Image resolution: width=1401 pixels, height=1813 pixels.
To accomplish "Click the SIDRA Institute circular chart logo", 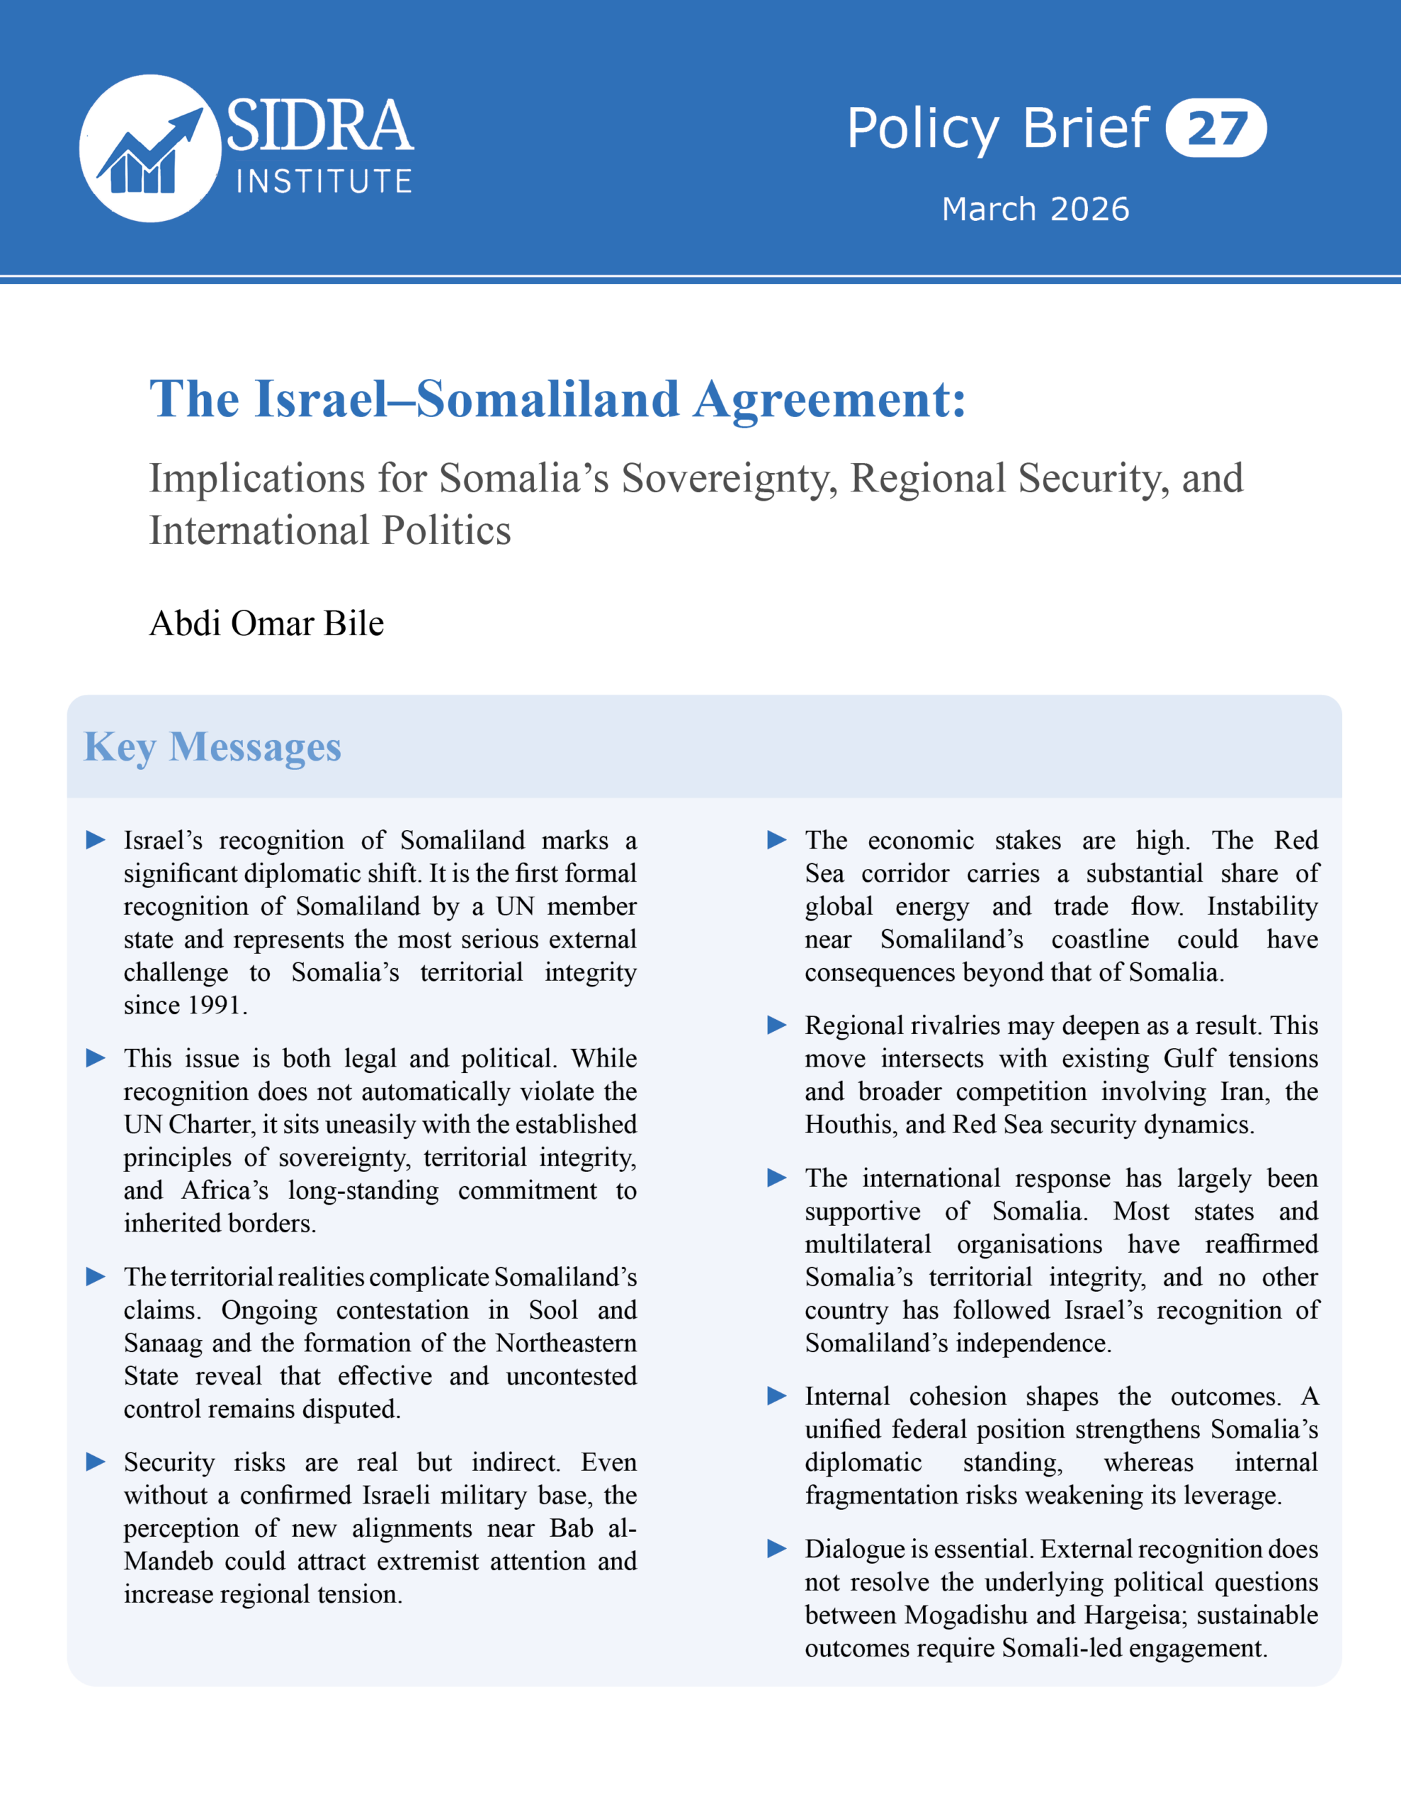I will point(149,149).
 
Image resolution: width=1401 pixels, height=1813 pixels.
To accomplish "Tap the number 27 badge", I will point(1216,129).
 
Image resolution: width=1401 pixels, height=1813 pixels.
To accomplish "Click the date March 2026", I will point(1035,209).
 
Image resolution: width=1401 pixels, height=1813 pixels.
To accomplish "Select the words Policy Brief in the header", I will point(997,129).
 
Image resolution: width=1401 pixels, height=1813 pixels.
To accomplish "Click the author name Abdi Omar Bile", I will point(266,623).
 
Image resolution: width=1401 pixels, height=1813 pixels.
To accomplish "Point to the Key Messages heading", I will point(212,746).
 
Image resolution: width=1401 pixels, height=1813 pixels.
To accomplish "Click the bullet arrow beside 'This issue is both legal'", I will point(96,1057).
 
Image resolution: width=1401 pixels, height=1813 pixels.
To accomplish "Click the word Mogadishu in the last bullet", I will point(967,1615).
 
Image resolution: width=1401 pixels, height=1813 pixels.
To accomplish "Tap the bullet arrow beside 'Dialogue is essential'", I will point(777,1548).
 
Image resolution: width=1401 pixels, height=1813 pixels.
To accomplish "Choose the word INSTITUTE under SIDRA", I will point(324,182).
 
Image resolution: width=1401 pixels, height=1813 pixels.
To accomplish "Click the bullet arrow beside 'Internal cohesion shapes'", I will point(777,1397).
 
